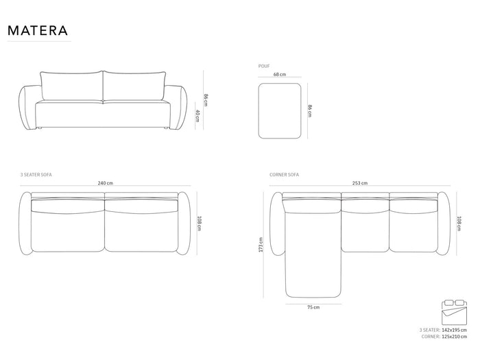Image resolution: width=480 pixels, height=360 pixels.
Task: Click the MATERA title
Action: pyautogui.click(x=37, y=30)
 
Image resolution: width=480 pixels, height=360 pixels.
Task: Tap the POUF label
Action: pyautogui.click(x=264, y=66)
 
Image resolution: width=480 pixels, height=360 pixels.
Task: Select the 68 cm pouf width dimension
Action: pyautogui.click(x=280, y=74)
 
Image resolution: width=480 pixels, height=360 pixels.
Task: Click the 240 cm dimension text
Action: pyautogui.click(x=106, y=183)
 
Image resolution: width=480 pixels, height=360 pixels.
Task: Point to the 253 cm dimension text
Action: pyautogui.click(x=360, y=183)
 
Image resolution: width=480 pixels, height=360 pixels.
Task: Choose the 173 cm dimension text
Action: pyautogui.click(x=261, y=245)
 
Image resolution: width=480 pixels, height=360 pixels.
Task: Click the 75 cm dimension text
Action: pyautogui.click(x=313, y=307)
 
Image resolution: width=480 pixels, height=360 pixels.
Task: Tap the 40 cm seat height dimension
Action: pyautogui.click(x=197, y=115)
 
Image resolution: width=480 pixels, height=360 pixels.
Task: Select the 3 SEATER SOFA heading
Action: pyautogui.click(x=36, y=175)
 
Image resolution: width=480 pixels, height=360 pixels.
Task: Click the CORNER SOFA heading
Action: pyautogui.click(x=284, y=175)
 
